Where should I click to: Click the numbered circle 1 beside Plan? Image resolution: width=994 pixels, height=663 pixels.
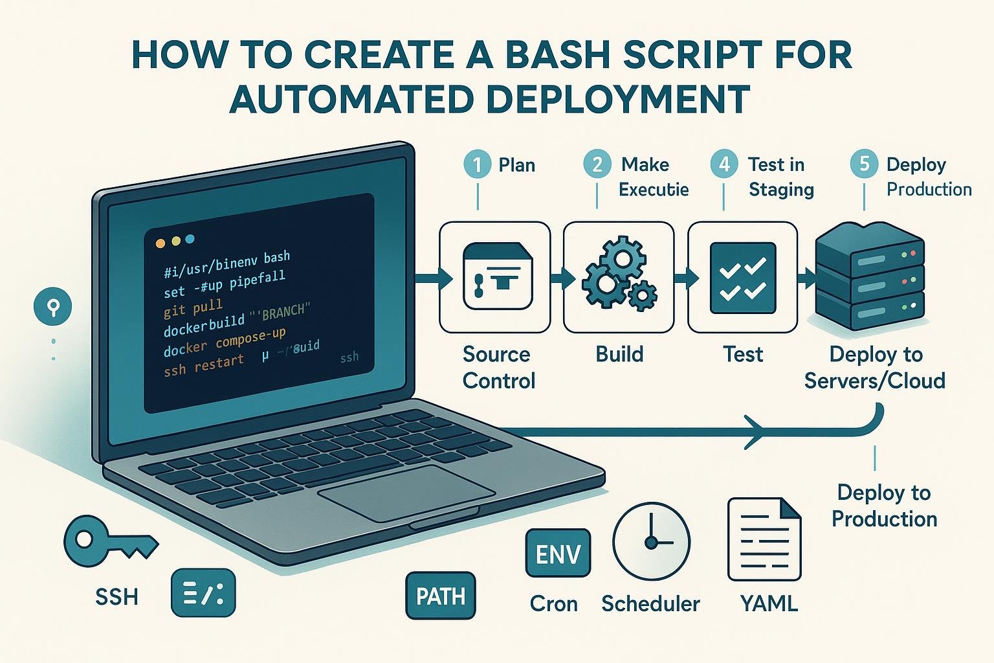point(478,164)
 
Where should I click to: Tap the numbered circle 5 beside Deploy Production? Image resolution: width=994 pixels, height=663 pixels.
point(864,164)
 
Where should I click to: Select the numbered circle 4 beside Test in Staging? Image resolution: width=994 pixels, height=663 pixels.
point(724,164)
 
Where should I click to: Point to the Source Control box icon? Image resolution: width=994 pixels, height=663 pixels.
point(495,277)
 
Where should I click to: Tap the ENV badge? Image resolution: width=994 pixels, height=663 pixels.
point(558,554)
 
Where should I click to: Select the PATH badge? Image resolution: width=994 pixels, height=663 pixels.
point(440,596)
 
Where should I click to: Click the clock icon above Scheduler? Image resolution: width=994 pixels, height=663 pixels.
point(651,541)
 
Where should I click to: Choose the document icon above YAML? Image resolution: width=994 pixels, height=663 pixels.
point(764,540)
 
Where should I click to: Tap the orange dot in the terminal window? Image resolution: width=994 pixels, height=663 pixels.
point(160,243)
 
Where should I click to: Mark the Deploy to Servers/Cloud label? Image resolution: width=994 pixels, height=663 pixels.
point(875,367)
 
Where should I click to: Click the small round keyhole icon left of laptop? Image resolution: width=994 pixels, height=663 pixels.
point(53,306)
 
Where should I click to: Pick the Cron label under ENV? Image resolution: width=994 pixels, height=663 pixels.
point(553,603)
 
